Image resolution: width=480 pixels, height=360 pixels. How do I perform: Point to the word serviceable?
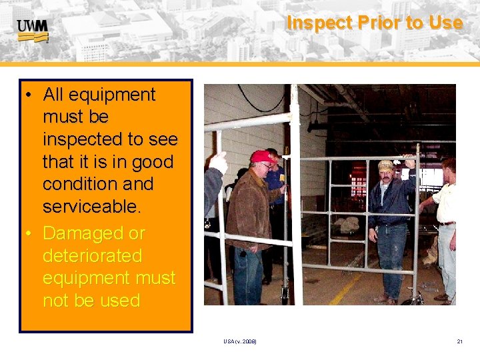coord(92,207)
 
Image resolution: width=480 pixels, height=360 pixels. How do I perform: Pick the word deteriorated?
coord(92,256)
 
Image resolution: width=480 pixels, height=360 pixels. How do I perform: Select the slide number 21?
coord(459,341)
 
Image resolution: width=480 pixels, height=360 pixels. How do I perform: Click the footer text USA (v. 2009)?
coord(240,341)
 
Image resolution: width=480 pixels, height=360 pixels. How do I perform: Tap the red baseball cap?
coord(263,157)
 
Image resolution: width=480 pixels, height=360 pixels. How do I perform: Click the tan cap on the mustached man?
coord(385,165)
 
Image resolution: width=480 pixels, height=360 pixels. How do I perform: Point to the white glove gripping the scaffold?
coord(218,163)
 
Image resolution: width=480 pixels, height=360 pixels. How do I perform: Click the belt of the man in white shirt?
coord(447,223)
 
